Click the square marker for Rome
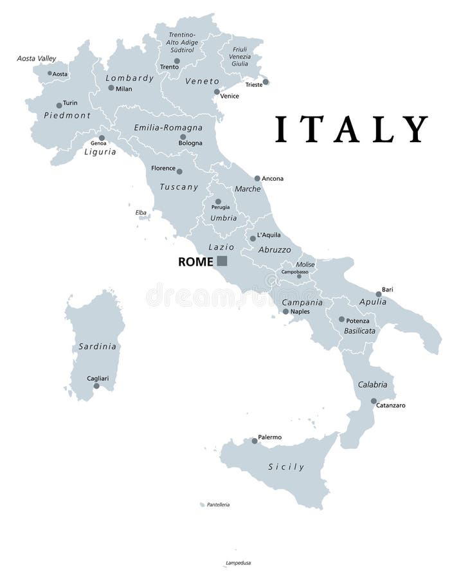pyautogui.click(x=222, y=261)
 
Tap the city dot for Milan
pyautogui.click(x=111, y=88)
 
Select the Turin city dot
pyautogui.click(x=59, y=106)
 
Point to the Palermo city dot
pyautogui.click(x=255, y=441)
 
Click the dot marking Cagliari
pyautogui.click(x=96, y=386)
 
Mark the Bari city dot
pyautogui.click(x=379, y=294)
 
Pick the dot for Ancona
pyautogui.click(x=257, y=178)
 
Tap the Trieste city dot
pyautogui.click(x=266, y=82)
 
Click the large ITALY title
pyautogui.click(x=351, y=129)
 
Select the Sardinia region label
pyautogui.click(x=98, y=346)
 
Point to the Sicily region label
pyautogui.click(x=286, y=466)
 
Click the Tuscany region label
pyautogui.click(x=178, y=187)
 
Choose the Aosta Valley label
pyautogui.click(x=37, y=59)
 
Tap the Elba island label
pyautogui.click(x=141, y=212)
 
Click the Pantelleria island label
pyautogui.click(x=218, y=505)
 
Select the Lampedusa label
pyautogui.click(x=237, y=563)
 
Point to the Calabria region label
pyautogui.click(x=372, y=385)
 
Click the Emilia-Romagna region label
pyautogui.click(x=168, y=127)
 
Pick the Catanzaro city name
pyautogui.click(x=391, y=406)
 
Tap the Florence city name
pyautogui.click(x=163, y=168)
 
